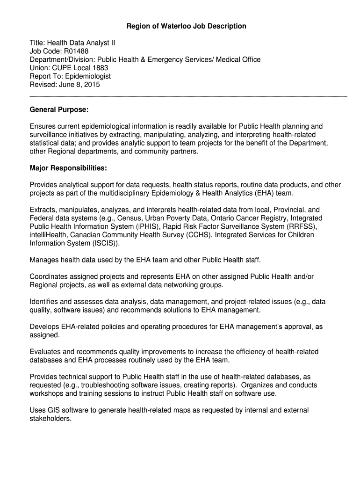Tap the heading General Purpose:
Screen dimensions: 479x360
tap(59, 109)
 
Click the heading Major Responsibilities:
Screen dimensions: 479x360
tap(68, 168)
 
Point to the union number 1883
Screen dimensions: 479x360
tap(100, 68)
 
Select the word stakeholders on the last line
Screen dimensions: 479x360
tap(50, 419)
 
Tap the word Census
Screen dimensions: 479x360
tap(129, 218)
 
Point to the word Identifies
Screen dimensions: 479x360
tap(46, 302)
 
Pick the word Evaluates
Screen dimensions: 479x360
tap(46, 352)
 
